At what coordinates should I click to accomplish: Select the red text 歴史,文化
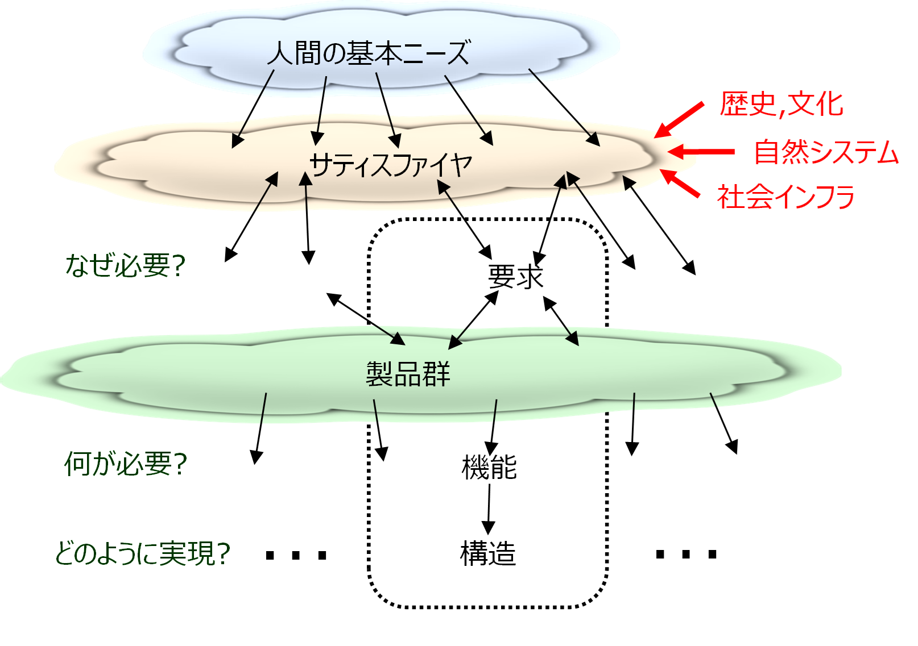pos(781,105)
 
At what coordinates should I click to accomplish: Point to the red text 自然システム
pos(826,152)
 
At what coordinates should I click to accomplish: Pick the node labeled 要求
pos(515,278)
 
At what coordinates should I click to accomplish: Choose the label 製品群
pos(408,374)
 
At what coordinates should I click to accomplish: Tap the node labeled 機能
pos(489,468)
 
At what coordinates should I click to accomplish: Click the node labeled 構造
pos(488,553)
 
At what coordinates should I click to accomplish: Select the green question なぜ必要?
pos(126,265)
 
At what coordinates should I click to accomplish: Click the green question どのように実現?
pos(142,553)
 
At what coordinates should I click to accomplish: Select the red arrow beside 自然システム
pos(702,152)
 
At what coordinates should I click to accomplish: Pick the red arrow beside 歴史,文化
pos(679,119)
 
